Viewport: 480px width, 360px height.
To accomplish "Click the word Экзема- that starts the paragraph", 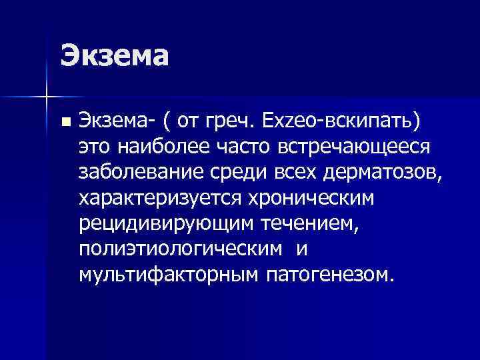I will point(118,121).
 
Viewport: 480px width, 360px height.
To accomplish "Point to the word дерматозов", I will point(381,173).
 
